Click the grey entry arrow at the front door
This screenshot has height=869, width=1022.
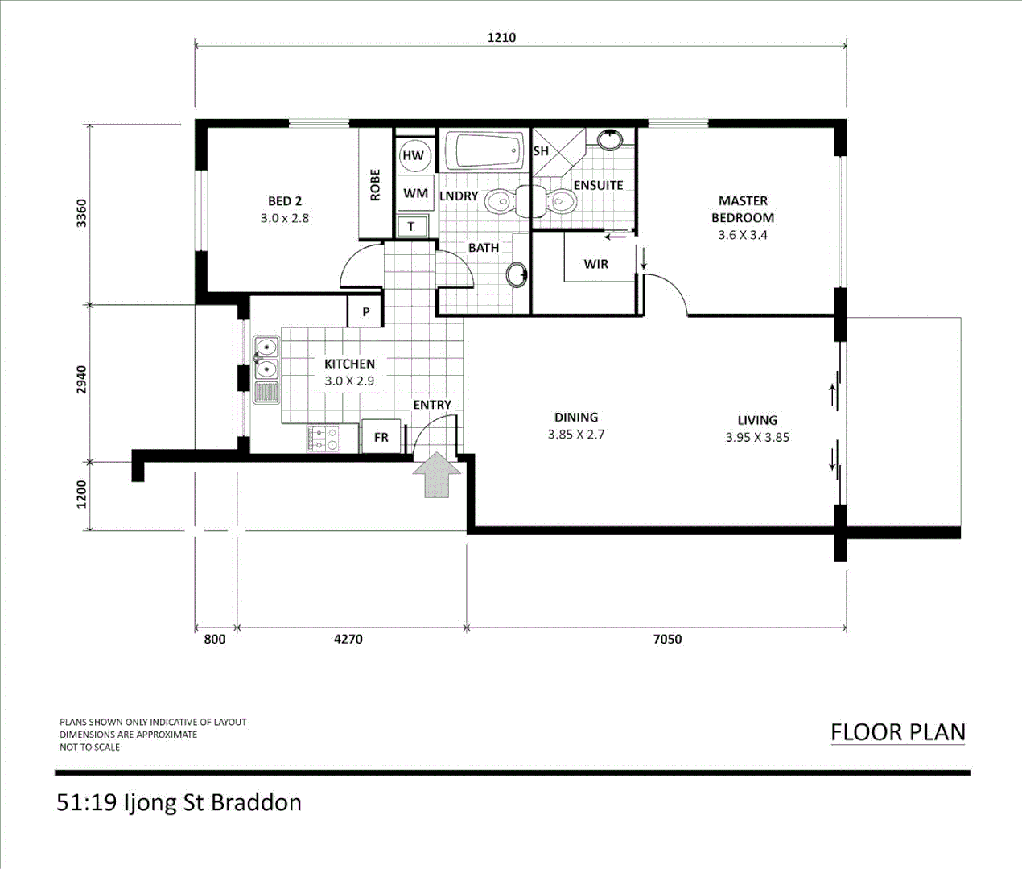pyautogui.click(x=436, y=476)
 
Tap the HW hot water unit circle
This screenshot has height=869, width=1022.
pyautogui.click(x=413, y=155)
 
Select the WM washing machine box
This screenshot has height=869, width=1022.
pyautogui.click(x=415, y=193)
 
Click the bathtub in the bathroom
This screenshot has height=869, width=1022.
pyautogui.click(x=483, y=150)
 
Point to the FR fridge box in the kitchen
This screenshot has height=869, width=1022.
pyautogui.click(x=381, y=437)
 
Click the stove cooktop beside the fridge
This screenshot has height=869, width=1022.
pyautogui.click(x=323, y=439)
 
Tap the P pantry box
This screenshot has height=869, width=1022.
pyautogui.click(x=365, y=311)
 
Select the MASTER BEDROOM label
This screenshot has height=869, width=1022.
pyautogui.click(x=743, y=208)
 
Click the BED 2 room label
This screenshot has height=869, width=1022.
pyautogui.click(x=285, y=201)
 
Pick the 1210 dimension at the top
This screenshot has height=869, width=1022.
pyautogui.click(x=501, y=37)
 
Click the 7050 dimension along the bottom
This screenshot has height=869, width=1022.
pyautogui.click(x=667, y=639)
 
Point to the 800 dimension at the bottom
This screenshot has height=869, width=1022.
pyautogui.click(x=215, y=639)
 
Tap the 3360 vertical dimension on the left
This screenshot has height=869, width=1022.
pyautogui.click(x=81, y=213)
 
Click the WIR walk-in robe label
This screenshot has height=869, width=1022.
pyautogui.click(x=596, y=264)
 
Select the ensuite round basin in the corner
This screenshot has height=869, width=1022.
pyautogui.click(x=611, y=139)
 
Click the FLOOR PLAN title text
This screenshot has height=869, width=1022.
pyautogui.click(x=897, y=732)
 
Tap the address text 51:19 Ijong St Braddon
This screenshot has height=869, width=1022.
pyautogui.click(x=179, y=803)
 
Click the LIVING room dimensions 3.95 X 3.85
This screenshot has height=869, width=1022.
pyautogui.click(x=757, y=438)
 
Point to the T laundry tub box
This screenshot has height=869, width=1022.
pyautogui.click(x=411, y=226)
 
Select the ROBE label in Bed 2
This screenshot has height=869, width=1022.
pyautogui.click(x=375, y=184)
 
